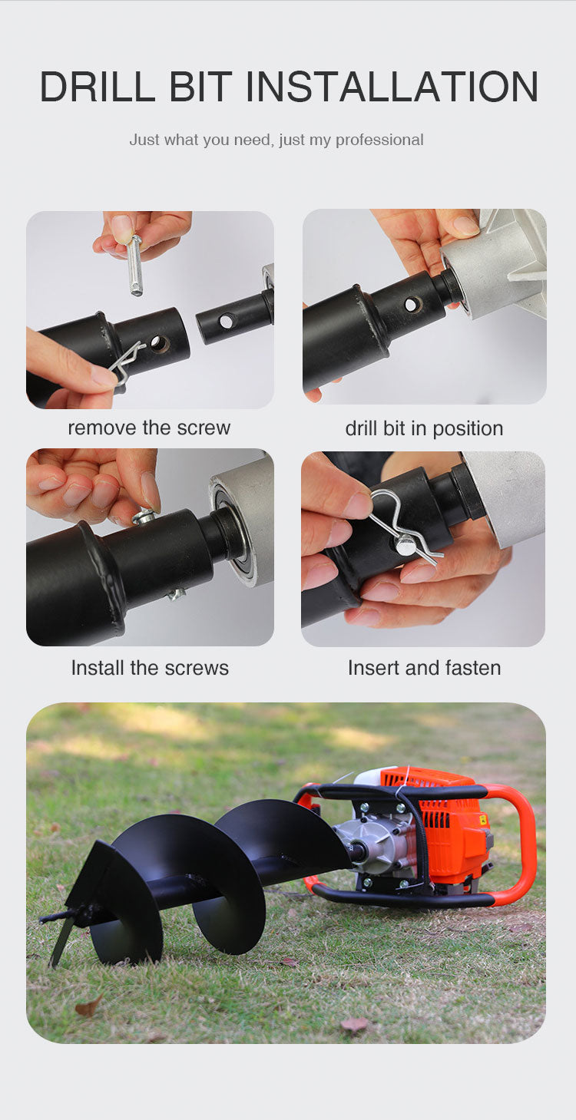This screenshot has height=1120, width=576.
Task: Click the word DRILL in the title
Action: [98, 87]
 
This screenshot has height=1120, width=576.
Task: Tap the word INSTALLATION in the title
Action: [392, 87]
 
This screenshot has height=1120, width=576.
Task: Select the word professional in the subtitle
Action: [379, 140]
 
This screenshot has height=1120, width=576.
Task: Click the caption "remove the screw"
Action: [149, 428]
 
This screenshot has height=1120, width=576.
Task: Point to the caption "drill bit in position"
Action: [424, 428]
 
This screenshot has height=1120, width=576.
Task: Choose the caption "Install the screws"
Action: [150, 668]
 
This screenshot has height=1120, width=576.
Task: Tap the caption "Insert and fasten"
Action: [425, 668]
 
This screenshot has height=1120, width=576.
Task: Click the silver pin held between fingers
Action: [134, 264]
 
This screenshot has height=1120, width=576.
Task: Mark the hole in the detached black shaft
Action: [227, 321]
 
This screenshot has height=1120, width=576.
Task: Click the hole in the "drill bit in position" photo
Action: [412, 303]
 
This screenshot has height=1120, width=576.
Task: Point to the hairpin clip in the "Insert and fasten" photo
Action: [403, 525]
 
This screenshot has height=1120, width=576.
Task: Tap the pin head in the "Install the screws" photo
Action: [146, 516]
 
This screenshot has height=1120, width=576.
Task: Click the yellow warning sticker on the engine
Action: [482, 819]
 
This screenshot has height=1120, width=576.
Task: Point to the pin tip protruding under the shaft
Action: [176, 593]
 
